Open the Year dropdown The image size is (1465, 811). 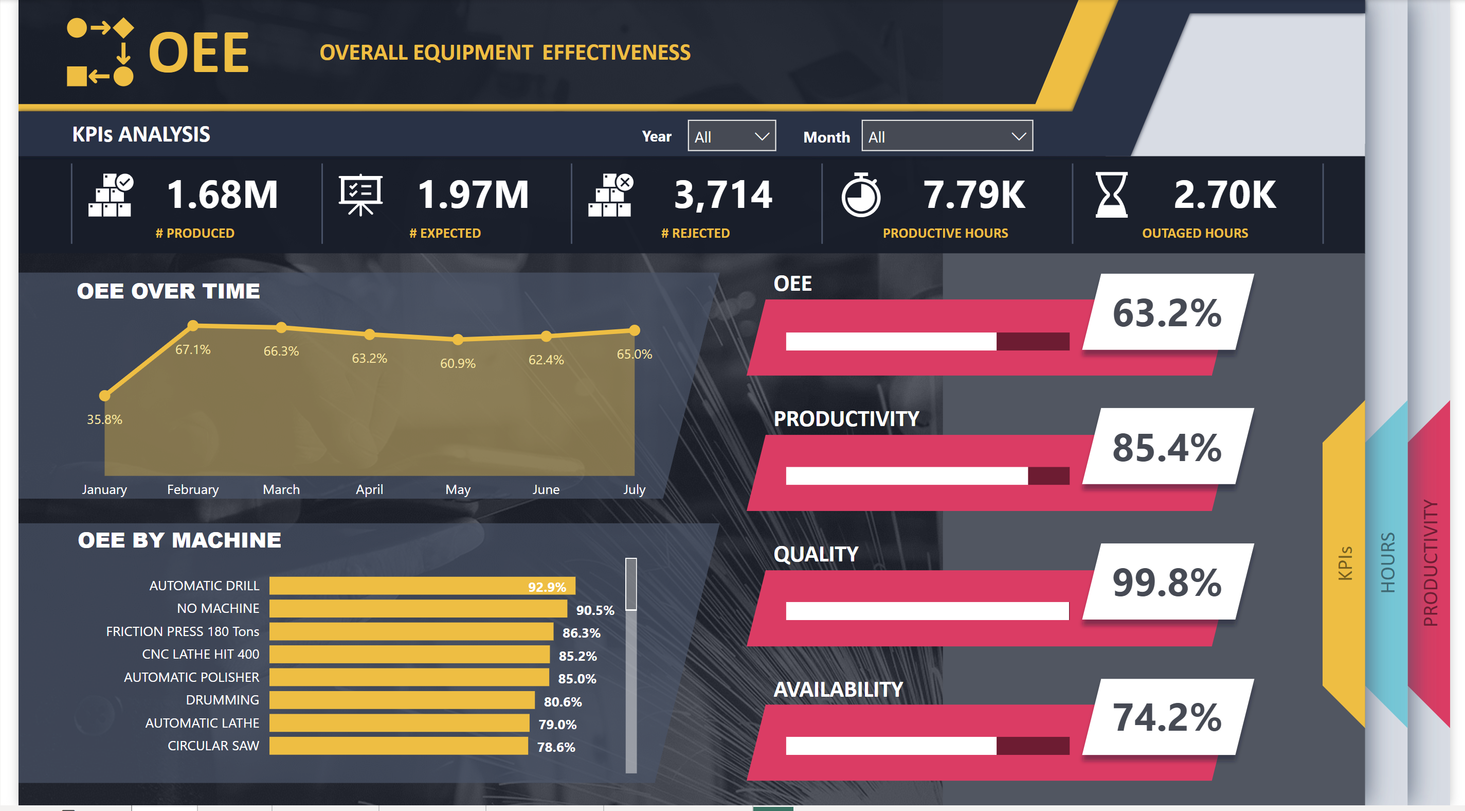pos(731,136)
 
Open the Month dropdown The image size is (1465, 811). pos(946,136)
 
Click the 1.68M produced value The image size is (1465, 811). pos(222,195)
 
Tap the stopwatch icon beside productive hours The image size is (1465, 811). pos(860,195)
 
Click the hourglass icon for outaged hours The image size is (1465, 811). pos(1111,195)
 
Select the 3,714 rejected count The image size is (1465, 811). pos(723,195)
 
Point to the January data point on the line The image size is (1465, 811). pos(105,396)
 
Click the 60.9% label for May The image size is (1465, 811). pos(457,363)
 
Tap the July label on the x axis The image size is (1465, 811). pos(634,489)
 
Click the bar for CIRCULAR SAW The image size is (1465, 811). pos(398,746)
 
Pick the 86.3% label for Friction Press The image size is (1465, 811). pos(581,632)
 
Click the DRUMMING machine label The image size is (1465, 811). pos(222,700)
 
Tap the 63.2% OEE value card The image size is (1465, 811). pos(1167,312)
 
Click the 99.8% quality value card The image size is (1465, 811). pos(1167,582)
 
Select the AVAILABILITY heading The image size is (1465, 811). pos(838,690)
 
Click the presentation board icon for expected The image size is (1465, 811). pos(360,195)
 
